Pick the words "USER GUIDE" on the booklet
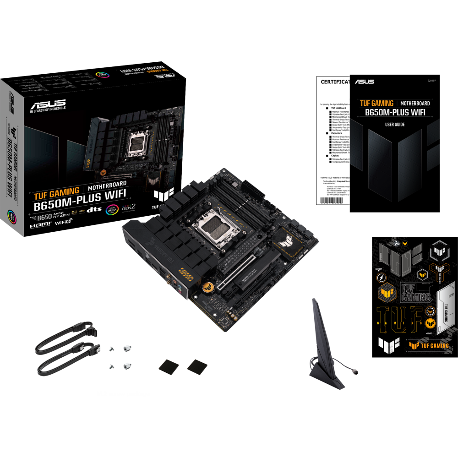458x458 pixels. [394, 125]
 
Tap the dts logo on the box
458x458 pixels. [94, 210]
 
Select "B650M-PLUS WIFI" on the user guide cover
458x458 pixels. [394, 113]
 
